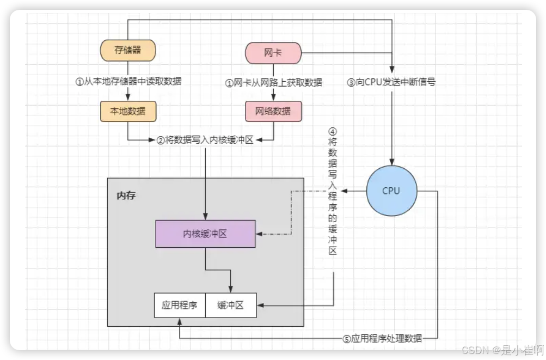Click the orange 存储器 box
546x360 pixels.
coord(128,51)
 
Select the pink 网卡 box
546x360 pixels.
coord(273,53)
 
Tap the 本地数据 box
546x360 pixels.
coord(128,111)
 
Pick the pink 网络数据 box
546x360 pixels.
coord(273,111)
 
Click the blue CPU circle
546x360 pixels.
coord(391,191)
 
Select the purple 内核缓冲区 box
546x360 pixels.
coord(205,234)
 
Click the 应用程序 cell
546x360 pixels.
coord(180,306)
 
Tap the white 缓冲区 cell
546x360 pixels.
coord(231,306)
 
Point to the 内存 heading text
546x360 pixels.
coord(126,195)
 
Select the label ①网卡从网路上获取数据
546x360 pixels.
coord(274,83)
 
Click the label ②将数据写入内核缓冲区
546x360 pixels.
coord(205,140)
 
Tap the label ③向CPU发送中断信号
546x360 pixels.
coord(391,83)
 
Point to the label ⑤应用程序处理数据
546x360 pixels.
coord(383,338)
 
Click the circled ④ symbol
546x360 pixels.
coord(332,131)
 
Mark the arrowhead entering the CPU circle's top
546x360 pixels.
coord(391,162)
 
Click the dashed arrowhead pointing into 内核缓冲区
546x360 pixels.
coord(259,235)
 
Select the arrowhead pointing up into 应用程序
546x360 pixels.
coord(180,320)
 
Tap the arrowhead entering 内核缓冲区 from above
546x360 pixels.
coord(205,217)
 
